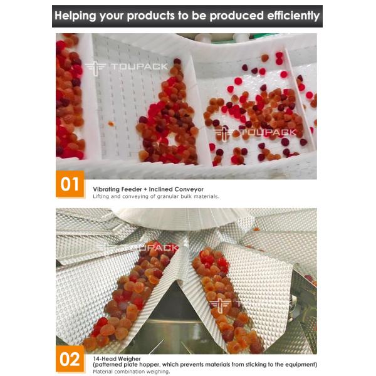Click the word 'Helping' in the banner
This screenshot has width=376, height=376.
pyautogui.click(x=76, y=16)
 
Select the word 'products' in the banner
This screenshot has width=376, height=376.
pyautogui.click(x=150, y=16)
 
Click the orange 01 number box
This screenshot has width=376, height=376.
pyautogui.click(x=70, y=184)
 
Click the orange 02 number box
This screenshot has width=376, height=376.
pyautogui.click(x=70, y=358)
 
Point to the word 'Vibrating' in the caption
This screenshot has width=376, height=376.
pyautogui.click(x=106, y=189)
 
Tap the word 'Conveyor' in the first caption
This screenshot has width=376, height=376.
pyautogui.click(x=189, y=189)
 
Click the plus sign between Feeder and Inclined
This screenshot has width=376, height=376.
pyautogui.click(x=145, y=189)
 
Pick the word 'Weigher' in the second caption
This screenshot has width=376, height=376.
pyautogui.click(x=129, y=359)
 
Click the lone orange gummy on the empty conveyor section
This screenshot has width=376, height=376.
pyautogui.click(x=111, y=123)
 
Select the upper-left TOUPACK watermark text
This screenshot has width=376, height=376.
pyautogui.click(x=139, y=66)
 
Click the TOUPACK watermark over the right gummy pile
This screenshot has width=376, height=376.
pyautogui.click(x=268, y=132)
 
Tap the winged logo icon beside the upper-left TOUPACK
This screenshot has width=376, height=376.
pyautogui.click(x=95, y=67)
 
